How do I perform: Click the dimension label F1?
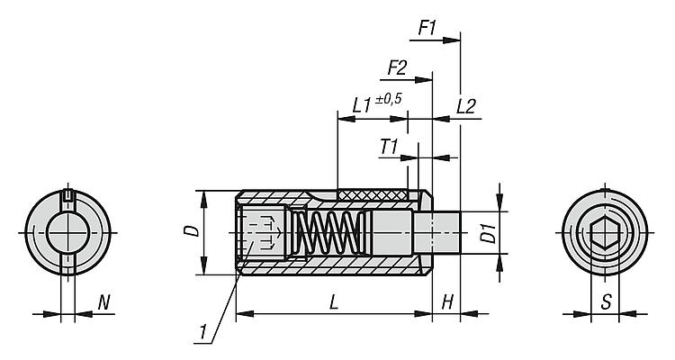[x=427, y=28]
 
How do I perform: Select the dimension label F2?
[x=398, y=67]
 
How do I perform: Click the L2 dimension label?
[x=466, y=105]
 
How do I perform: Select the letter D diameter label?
[x=190, y=231]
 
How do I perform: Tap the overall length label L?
[x=334, y=303]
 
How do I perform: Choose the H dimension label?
[x=447, y=303]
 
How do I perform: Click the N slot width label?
[x=103, y=303]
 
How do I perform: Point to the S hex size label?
[x=606, y=303]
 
